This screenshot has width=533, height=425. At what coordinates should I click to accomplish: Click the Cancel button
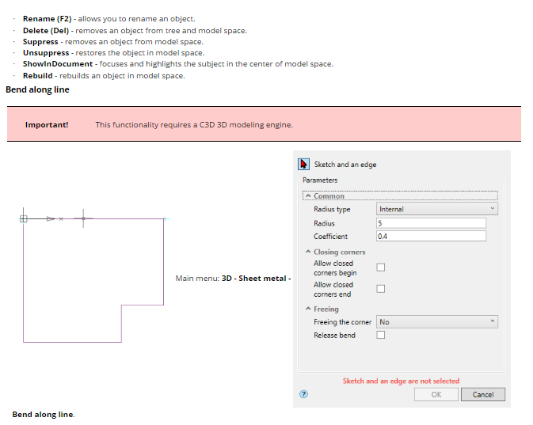tap(483, 394)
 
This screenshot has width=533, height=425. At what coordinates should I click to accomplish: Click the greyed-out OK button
tap(436, 394)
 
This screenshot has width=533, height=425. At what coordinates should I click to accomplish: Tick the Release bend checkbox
tap(381, 335)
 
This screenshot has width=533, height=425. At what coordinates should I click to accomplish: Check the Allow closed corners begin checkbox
tap(381, 268)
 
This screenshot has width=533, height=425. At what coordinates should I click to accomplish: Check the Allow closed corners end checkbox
tap(381, 289)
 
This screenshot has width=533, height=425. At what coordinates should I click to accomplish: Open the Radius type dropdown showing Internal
tap(437, 209)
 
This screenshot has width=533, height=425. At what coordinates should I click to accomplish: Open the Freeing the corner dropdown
tap(437, 322)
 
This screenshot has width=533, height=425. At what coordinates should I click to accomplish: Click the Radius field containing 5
tap(431, 223)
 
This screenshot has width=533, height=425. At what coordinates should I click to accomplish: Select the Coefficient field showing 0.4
tap(431, 236)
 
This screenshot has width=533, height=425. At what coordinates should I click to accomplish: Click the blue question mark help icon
tap(303, 394)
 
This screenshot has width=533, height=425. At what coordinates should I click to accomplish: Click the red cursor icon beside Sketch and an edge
tap(303, 164)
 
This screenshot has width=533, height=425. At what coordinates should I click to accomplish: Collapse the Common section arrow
tap(308, 196)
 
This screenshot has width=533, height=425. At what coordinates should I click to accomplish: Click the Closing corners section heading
tap(339, 252)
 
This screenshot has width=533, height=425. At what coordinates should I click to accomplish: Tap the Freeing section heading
tap(326, 309)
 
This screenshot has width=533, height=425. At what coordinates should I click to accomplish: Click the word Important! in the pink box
tap(47, 125)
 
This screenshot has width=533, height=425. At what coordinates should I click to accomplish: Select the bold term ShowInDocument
tap(58, 64)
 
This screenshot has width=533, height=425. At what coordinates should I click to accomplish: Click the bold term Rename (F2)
tap(48, 19)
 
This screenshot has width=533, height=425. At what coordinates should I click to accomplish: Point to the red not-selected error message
tap(401, 381)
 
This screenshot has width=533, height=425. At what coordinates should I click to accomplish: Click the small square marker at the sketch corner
tap(24, 218)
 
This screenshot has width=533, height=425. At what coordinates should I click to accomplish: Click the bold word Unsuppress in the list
tap(46, 53)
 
